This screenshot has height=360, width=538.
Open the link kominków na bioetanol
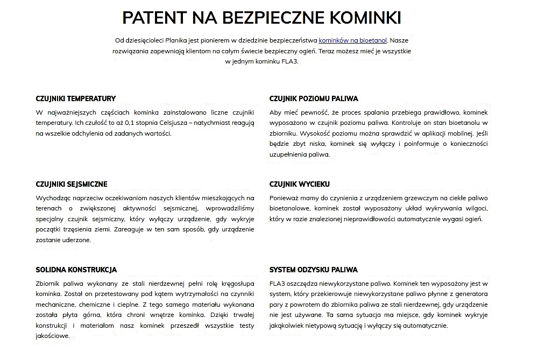coord(353,40)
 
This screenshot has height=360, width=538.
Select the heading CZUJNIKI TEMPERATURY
coord(75,98)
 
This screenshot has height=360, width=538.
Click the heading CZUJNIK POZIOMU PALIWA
coord(314,98)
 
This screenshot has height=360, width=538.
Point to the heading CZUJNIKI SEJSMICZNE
coord(72,184)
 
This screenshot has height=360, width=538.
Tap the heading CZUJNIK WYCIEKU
coord(299,184)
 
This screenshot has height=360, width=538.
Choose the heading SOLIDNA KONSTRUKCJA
coord(76,270)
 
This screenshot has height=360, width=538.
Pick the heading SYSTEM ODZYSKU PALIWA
coord(313,270)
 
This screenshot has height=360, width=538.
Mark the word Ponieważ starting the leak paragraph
coord(285,198)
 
